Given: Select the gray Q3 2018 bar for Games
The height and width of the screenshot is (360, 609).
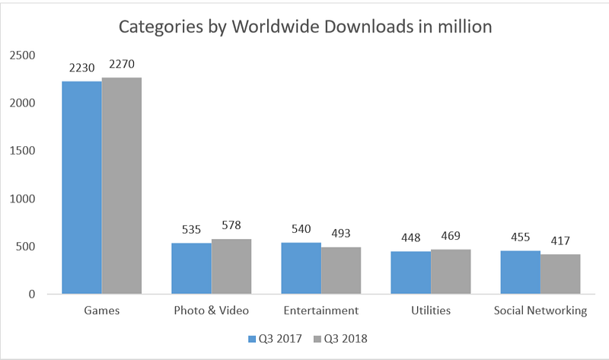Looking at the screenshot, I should pyautogui.click(x=122, y=186).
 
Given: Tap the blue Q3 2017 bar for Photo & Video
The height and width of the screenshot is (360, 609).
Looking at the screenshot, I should pyautogui.click(x=191, y=268).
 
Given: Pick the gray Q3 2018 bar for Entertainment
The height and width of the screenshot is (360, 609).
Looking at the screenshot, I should pyautogui.click(x=341, y=270).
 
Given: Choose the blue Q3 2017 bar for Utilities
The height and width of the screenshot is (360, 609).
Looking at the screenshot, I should pyautogui.click(x=410, y=272).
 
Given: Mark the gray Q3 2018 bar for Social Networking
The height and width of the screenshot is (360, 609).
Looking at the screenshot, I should pyautogui.click(x=560, y=274).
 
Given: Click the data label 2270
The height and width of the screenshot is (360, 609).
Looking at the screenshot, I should pyautogui.click(x=122, y=65).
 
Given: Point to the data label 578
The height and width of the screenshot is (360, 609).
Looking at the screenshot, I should pyautogui.click(x=231, y=228).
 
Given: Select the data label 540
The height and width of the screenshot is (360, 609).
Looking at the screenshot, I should pyautogui.click(x=301, y=231).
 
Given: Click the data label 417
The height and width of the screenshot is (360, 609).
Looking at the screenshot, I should pyautogui.click(x=560, y=243).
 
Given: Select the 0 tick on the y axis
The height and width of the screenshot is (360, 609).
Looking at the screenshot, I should pyautogui.click(x=32, y=294).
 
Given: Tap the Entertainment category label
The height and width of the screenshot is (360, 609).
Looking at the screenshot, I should pyautogui.click(x=320, y=311).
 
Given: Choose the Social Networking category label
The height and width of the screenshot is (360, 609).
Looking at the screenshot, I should pyautogui.click(x=540, y=311).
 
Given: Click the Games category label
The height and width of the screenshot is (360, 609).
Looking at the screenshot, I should pyautogui.click(x=101, y=311).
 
